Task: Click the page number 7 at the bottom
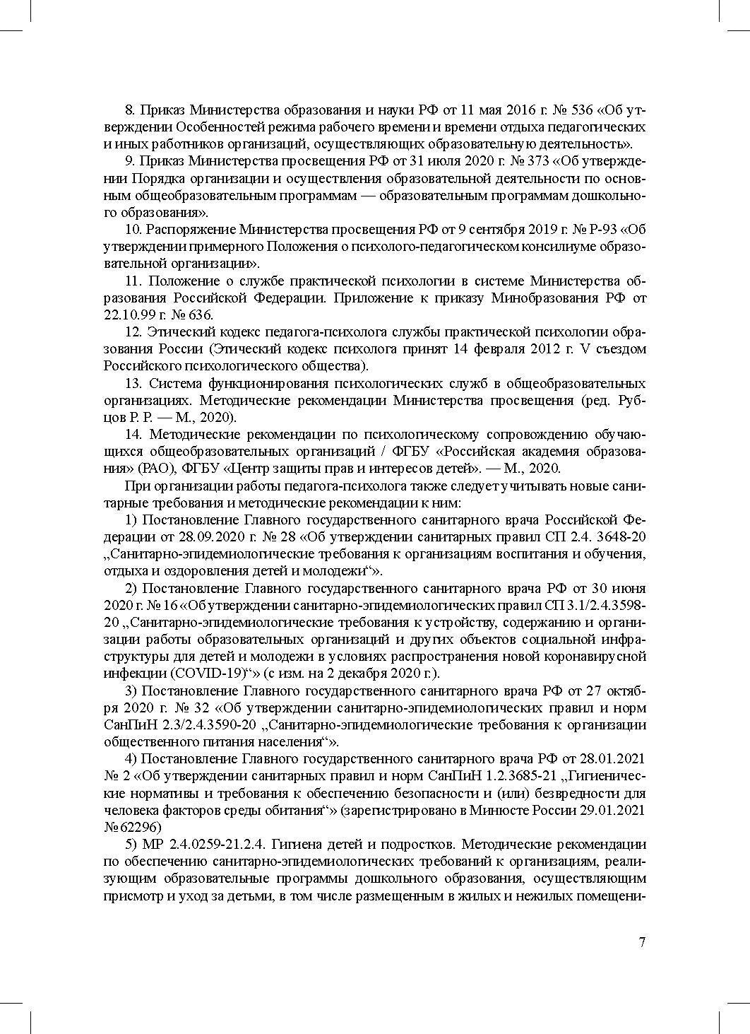642,942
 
